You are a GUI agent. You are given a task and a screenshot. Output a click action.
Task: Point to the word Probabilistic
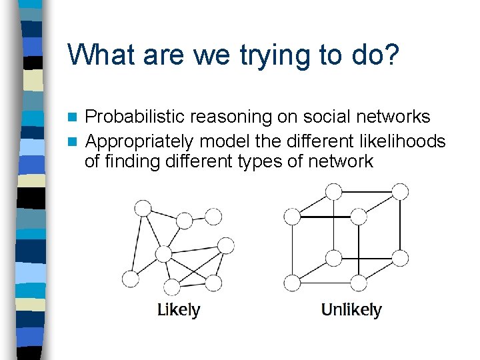pos(135,117)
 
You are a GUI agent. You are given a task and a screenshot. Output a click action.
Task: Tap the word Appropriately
pos(139,141)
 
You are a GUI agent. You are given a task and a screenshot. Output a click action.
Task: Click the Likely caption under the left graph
pos(178,310)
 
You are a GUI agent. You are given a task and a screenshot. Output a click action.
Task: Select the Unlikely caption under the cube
pos(351,310)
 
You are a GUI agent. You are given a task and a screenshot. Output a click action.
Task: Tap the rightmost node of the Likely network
pos(227,245)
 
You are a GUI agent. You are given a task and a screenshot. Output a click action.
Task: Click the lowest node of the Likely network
pos(172,287)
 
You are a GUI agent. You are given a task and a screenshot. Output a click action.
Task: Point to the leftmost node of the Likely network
pos(131,279)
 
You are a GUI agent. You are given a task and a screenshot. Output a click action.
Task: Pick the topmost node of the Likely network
pos(143,207)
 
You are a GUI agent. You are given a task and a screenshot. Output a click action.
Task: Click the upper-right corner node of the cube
pos(400,192)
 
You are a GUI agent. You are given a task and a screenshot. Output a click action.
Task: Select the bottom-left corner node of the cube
pos(292,283)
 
